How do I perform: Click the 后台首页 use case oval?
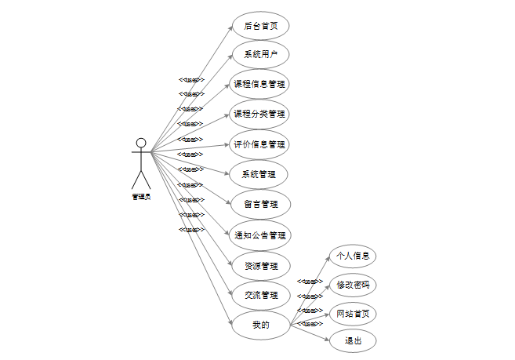260,25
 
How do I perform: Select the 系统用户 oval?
260,55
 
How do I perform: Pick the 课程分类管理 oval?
260,115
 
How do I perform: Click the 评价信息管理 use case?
260,144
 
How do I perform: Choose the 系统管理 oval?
260,174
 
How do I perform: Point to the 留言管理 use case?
260,204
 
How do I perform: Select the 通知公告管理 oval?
260,235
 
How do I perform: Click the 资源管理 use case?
260,265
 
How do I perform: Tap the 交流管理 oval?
260,295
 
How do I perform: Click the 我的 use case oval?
260,325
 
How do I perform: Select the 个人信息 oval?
353,256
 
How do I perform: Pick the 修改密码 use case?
353,284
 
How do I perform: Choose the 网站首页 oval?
353,313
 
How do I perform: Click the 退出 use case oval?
353,341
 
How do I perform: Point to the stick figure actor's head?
141,143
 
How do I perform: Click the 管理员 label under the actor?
141,197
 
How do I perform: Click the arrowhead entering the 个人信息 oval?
328,259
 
